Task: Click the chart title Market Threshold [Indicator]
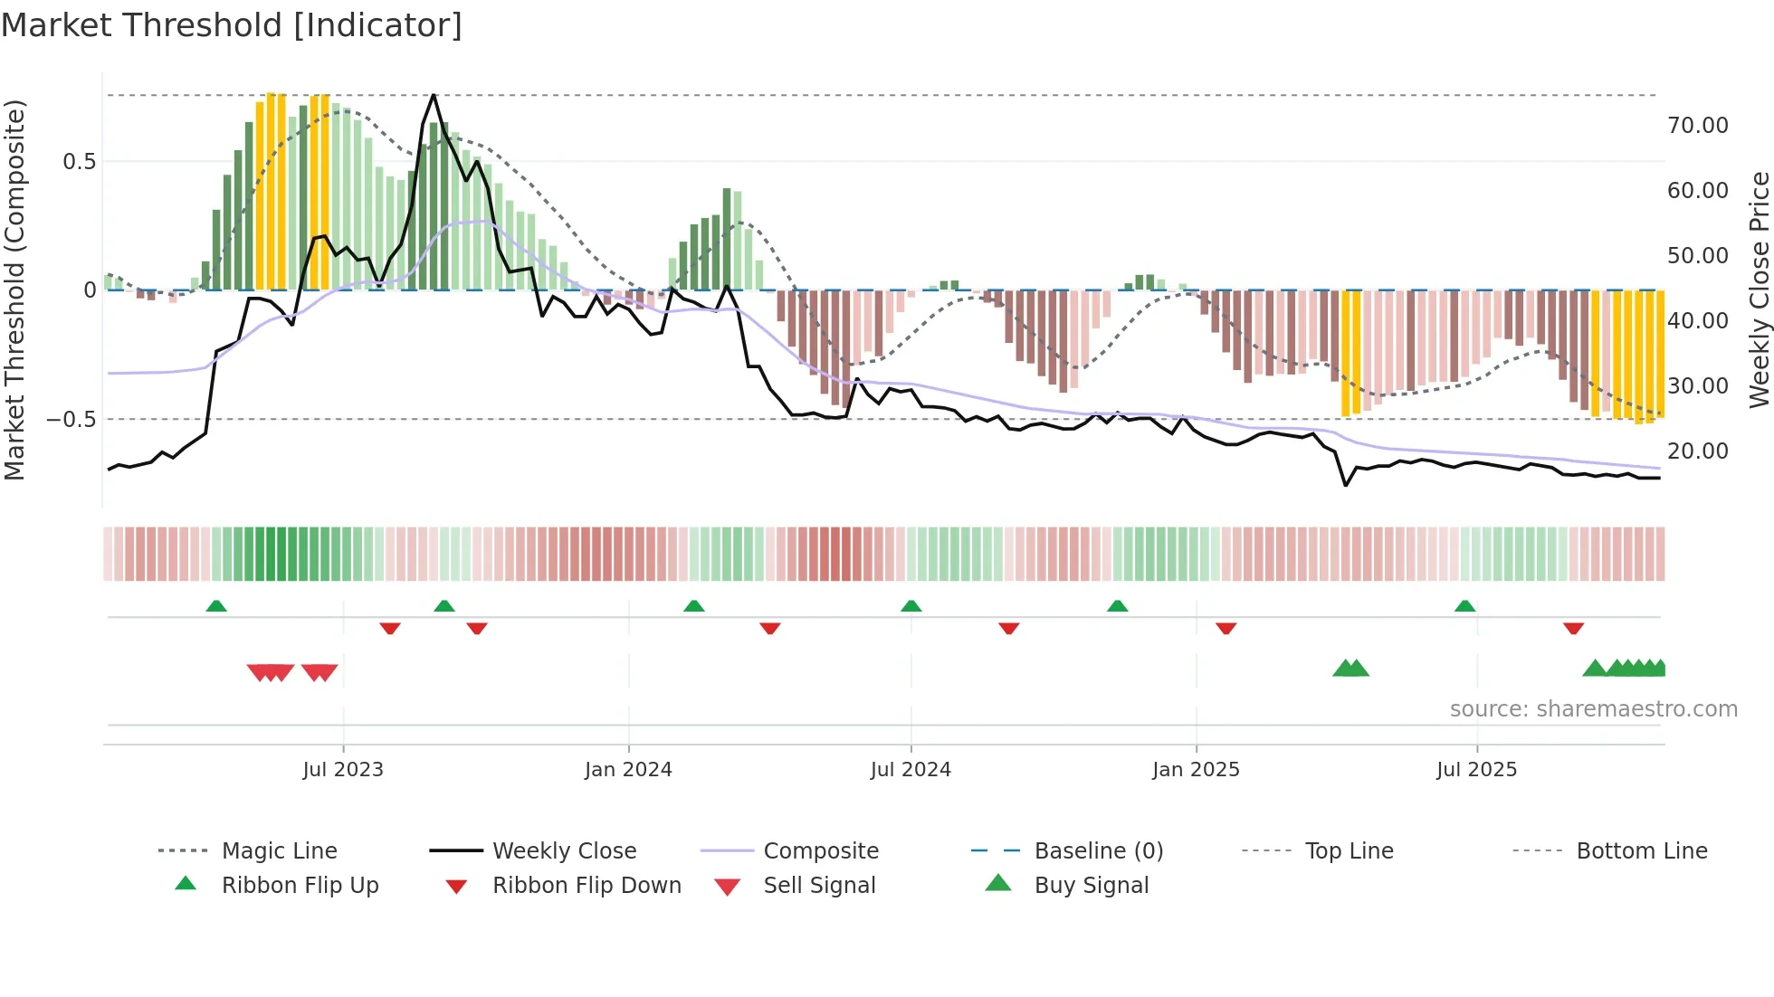tap(232, 25)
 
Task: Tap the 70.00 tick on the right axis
tap(1697, 126)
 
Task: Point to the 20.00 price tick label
tap(1697, 451)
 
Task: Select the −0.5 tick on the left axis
tap(71, 420)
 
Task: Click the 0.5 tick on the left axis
tap(79, 162)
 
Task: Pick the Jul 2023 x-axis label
tap(343, 770)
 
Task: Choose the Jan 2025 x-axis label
tap(1196, 770)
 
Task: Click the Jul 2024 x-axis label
tap(911, 770)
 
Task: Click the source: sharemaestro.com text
tap(1593, 709)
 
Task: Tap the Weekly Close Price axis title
tap(1759, 290)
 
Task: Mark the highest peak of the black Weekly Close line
tap(434, 95)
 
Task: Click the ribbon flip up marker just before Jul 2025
tap(1464, 606)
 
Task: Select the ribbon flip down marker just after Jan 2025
tap(1226, 628)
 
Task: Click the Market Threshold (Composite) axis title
tap(14, 290)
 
